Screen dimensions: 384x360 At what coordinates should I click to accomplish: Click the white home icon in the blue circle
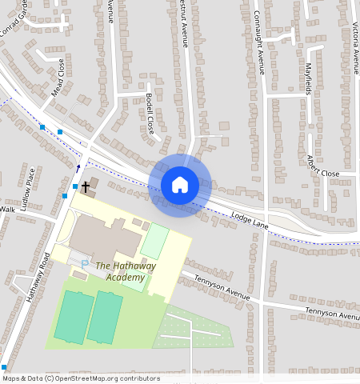(180, 185)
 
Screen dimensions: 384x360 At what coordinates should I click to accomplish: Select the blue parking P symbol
(84, 263)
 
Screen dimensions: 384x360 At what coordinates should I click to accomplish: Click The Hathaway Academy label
(126, 271)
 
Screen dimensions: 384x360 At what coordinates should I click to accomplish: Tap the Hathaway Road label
(37, 277)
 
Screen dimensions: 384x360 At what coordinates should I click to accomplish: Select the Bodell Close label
(150, 114)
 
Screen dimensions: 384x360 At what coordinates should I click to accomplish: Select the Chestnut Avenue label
(183, 24)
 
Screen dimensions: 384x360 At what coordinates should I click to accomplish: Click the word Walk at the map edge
(7, 209)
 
